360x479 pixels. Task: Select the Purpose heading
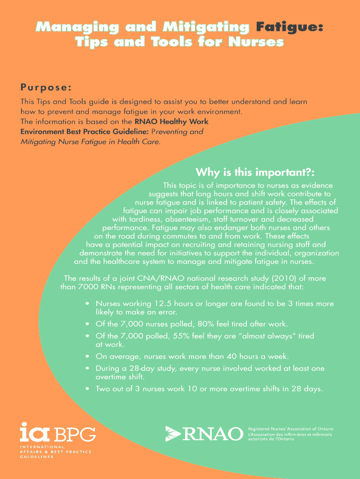click(46, 87)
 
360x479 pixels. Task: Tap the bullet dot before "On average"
click(87, 356)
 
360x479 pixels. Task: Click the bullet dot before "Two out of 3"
click(87, 389)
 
